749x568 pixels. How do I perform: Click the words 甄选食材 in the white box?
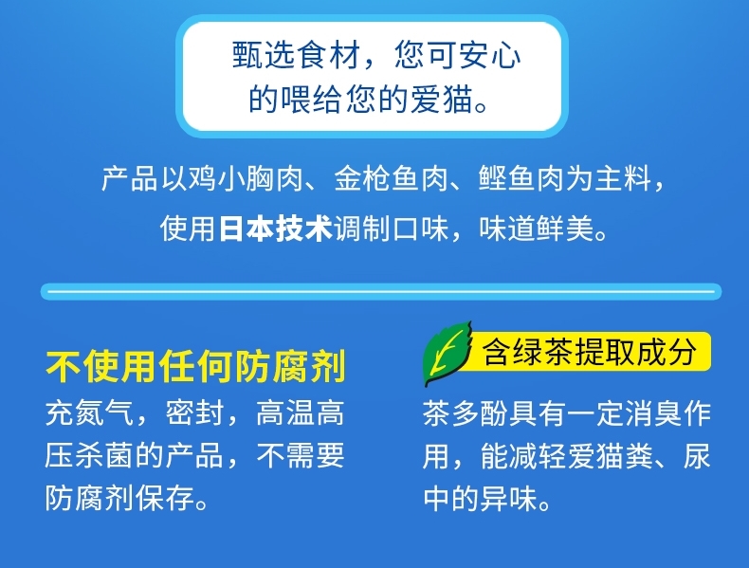(x=296, y=54)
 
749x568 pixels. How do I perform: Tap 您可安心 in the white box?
(x=457, y=54)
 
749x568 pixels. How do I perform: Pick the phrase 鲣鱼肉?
(x=521, y=178)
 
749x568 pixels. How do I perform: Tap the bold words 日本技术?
(x=275, y=229)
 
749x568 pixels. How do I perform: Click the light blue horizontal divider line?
(x=381, y=291)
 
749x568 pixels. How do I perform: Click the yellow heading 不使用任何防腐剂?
(x=195, y=366)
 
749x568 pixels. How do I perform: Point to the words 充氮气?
(x=89, y=412)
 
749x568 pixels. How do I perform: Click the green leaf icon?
(x=448, y=353)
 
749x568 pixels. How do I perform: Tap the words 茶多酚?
(x=466, y=412)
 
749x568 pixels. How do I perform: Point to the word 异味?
(x=509, y=498)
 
